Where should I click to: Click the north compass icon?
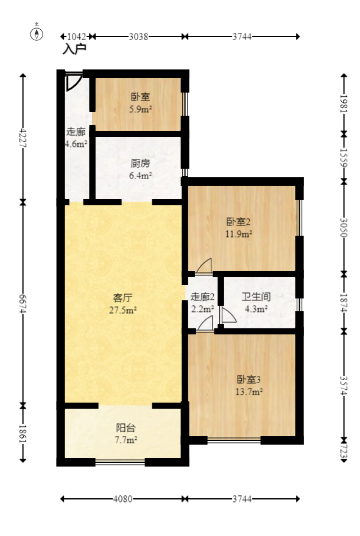(x=37, y=33)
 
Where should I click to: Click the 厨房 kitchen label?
(x=141, y=164)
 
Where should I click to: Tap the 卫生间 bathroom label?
(x=256, y=297)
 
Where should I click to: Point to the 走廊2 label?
(x=203, y=297)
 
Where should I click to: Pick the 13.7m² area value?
(x=250, y=392)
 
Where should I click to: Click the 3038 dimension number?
(x=139, y=37)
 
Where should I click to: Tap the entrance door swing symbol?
(x=73, y=81)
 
